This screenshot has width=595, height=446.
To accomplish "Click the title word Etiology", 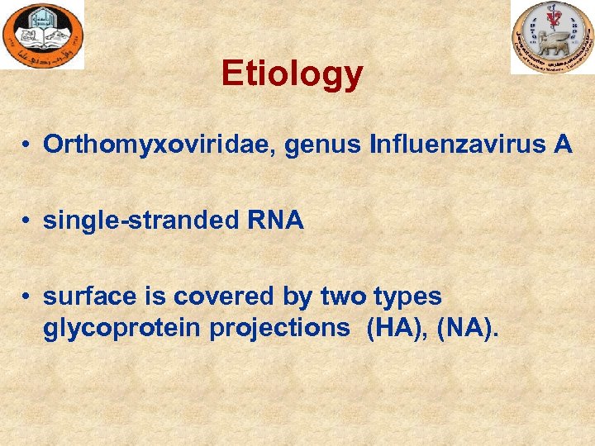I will [292, 74].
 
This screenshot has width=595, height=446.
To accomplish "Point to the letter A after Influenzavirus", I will [563, 145].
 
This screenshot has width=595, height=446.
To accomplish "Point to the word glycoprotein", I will [121, 329].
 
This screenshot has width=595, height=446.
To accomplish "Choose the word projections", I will [279, 329].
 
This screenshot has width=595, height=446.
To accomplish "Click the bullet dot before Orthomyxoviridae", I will [27, 146].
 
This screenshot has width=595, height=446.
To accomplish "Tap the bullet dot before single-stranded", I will [27, 221].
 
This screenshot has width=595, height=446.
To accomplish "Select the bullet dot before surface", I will [27, 297].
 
